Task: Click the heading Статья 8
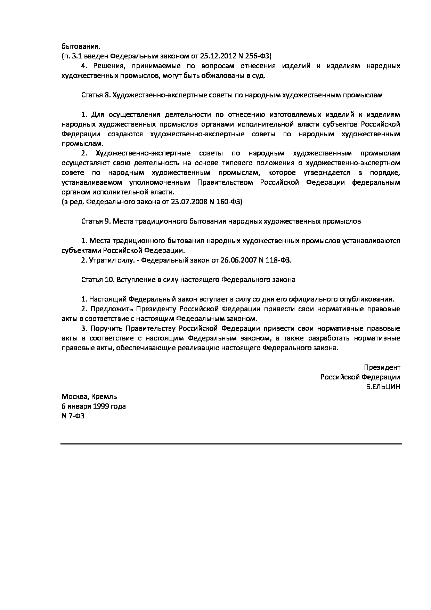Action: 95,95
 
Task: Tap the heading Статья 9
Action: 95,221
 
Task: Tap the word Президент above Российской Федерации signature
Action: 382,367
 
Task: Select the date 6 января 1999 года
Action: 94,406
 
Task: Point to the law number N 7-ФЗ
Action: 73,416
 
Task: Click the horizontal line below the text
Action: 231,444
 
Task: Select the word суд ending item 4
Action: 258,76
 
